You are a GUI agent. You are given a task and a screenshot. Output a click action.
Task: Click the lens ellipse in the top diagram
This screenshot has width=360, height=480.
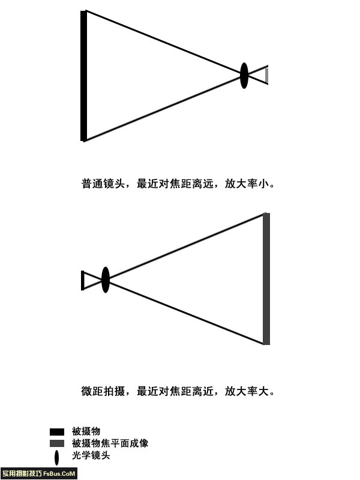click(x=244, y=76)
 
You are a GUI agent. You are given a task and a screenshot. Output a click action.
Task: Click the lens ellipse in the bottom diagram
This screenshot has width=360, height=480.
click(x=106, y=280)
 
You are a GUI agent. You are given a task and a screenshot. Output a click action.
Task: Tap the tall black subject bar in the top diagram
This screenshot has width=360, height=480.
click(x=83, y=76)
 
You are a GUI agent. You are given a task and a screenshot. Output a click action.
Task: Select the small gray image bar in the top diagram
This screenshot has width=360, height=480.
click(x=266, y=76)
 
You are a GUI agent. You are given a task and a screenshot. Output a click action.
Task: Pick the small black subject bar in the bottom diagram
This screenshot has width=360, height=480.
click(x=82, y=280)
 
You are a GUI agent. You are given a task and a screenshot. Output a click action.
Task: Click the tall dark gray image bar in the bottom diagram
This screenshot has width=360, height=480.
click(x=266, y=279)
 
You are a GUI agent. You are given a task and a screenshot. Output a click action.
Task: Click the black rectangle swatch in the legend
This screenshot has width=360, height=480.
click(x=57, y=432)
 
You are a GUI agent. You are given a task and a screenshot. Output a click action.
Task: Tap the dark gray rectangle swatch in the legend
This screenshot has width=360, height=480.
click(x=57, y=443)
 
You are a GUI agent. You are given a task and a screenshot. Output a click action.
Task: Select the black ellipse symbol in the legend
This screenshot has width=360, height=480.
click(x=56, y=458)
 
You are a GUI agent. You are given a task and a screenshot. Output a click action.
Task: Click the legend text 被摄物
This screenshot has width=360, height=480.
click(x=86, y=431)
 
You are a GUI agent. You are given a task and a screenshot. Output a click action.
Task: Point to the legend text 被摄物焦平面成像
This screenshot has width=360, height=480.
click(x=110, y=443)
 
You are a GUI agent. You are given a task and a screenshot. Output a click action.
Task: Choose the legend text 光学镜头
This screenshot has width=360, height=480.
click(x=91, y=455)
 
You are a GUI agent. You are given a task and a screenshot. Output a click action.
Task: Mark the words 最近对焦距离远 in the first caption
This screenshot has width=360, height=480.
click(x=175, y=184)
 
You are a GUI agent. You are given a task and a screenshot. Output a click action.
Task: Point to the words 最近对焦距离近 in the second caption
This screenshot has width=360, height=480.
click(x=175, y=391)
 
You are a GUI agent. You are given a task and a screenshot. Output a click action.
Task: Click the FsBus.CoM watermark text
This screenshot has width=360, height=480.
click(x=59, y=473)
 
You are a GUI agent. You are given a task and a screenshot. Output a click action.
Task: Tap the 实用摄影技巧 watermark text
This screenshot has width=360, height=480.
click(x=22, y=473)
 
